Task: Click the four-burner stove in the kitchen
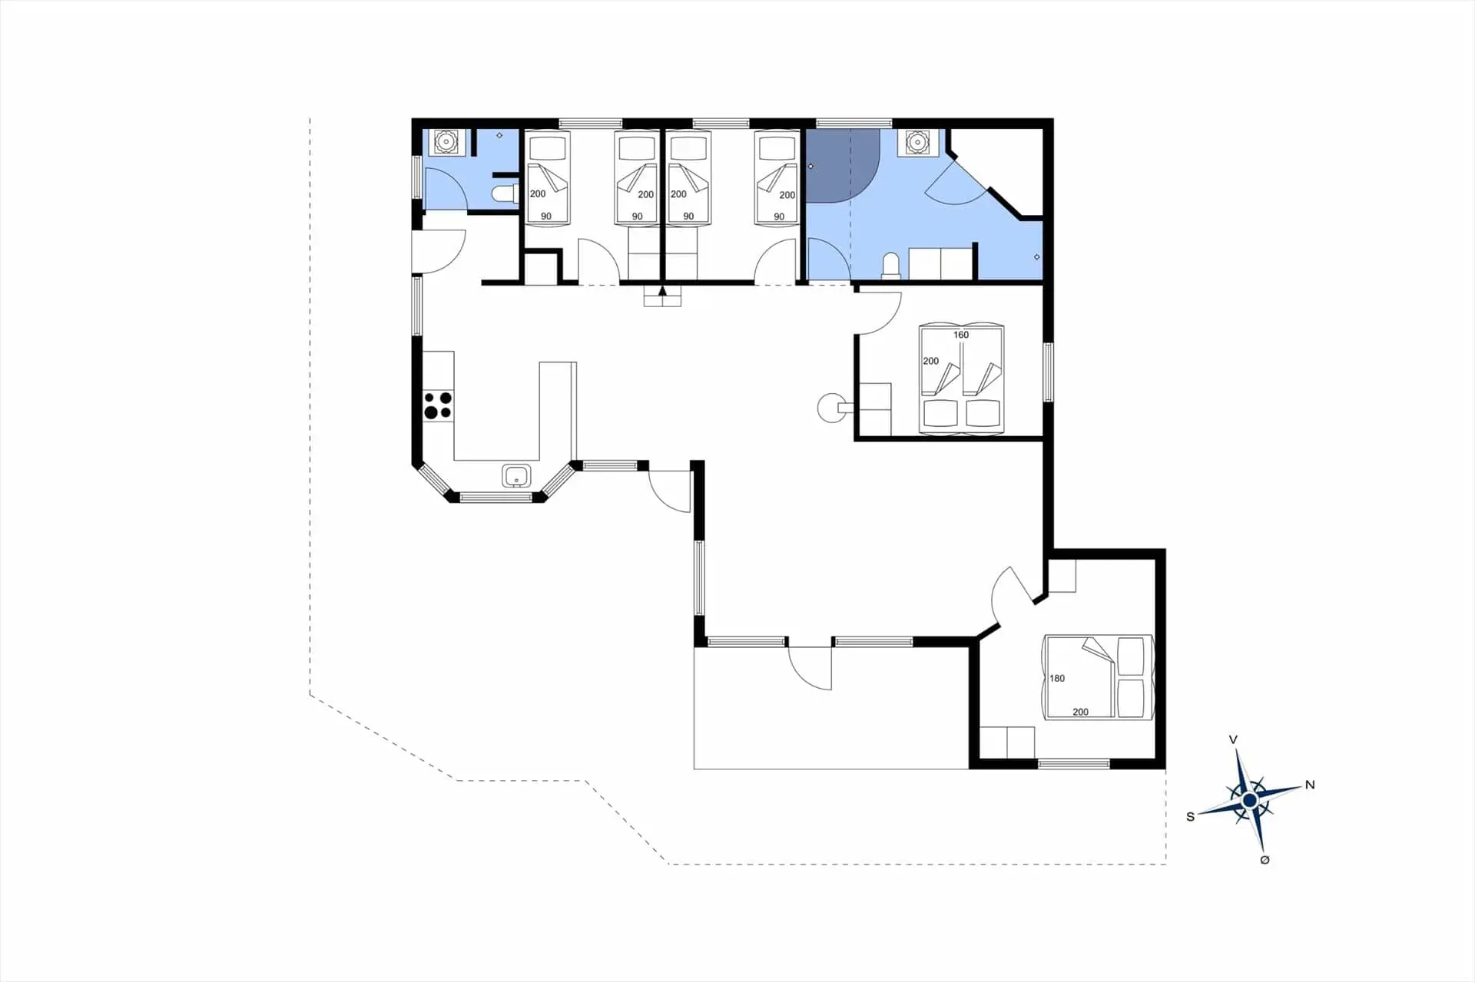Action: (x=438, y=405)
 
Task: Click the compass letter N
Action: (x=1310, y=785)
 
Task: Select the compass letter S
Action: (x=1191, y=817)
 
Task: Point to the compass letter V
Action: (x=1233, y=740)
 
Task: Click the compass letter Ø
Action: (x=1265, y=860)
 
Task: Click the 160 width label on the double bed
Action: (x=961, y=335)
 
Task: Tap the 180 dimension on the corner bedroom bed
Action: (x=1057, y=678)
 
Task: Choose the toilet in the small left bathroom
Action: (x=505, y=194)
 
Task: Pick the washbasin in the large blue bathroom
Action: (x=917, y=142)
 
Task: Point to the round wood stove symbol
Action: (x=830, y=408)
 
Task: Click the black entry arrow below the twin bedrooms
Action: (x=662, y=292)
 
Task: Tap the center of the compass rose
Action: (x=1249, y=801)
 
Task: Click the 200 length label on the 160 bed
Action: (x=931, y=361)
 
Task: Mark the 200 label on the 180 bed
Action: (x=1080, y=712)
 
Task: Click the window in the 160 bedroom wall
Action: (x=1048, y=372)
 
